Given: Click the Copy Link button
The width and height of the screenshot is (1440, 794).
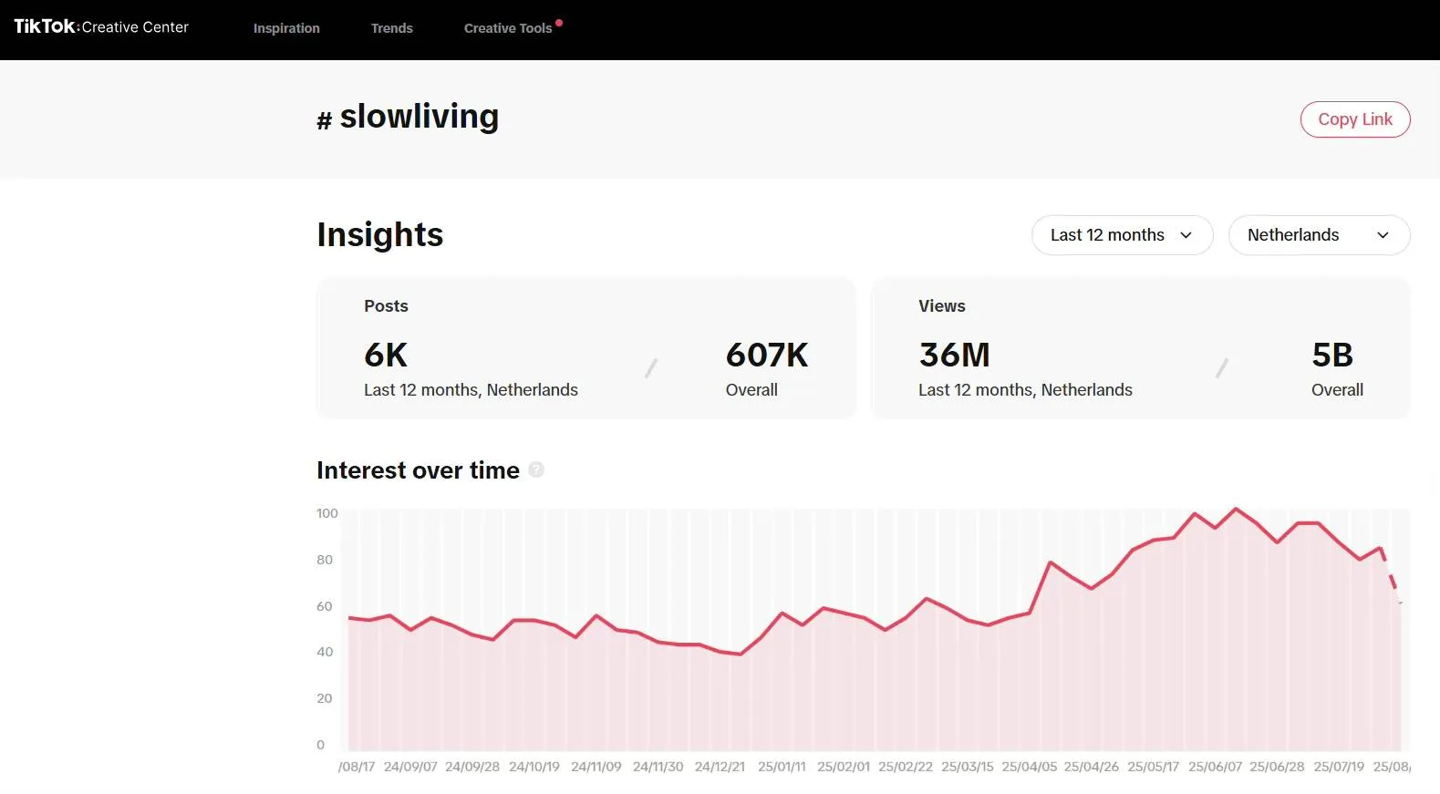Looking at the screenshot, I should click(1354, 119).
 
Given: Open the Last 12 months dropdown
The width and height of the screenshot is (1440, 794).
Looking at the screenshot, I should click(1122, 235).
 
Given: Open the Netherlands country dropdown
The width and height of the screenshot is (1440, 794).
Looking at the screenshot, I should click(1318, 235).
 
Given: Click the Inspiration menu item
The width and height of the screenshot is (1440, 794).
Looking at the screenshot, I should click(286, 28).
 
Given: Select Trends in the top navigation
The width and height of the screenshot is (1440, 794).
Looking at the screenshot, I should click(391, 28).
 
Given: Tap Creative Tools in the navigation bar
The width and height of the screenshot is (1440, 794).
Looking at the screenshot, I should click(508, 28).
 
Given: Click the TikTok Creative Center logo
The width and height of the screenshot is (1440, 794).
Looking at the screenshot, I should click(101, 26).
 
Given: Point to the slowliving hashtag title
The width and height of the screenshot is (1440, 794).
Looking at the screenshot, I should click(419, 117).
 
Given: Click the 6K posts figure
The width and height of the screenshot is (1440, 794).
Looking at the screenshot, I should click(386, 355).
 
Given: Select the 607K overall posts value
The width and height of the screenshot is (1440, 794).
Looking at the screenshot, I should click(767, 355).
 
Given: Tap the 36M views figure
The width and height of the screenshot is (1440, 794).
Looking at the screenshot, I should click(954, 355).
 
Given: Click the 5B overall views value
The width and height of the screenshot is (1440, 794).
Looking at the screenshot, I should click(1332, 355).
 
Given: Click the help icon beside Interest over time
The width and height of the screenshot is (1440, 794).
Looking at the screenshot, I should click(536, 469).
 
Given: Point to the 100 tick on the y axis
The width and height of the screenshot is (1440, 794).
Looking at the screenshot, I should click(326, 513).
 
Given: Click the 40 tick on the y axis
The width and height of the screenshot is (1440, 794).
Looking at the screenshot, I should click(325, 652).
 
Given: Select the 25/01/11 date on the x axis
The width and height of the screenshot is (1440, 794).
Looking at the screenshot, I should click(782, 767).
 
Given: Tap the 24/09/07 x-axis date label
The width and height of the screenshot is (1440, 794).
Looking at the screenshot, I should click(410, 767).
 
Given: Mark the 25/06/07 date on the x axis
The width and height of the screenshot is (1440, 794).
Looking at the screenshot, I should click(1215, 767).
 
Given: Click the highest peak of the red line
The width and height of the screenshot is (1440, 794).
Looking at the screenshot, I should click(1237, 509).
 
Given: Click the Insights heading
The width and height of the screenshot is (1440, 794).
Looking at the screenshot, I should click(380, 234).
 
